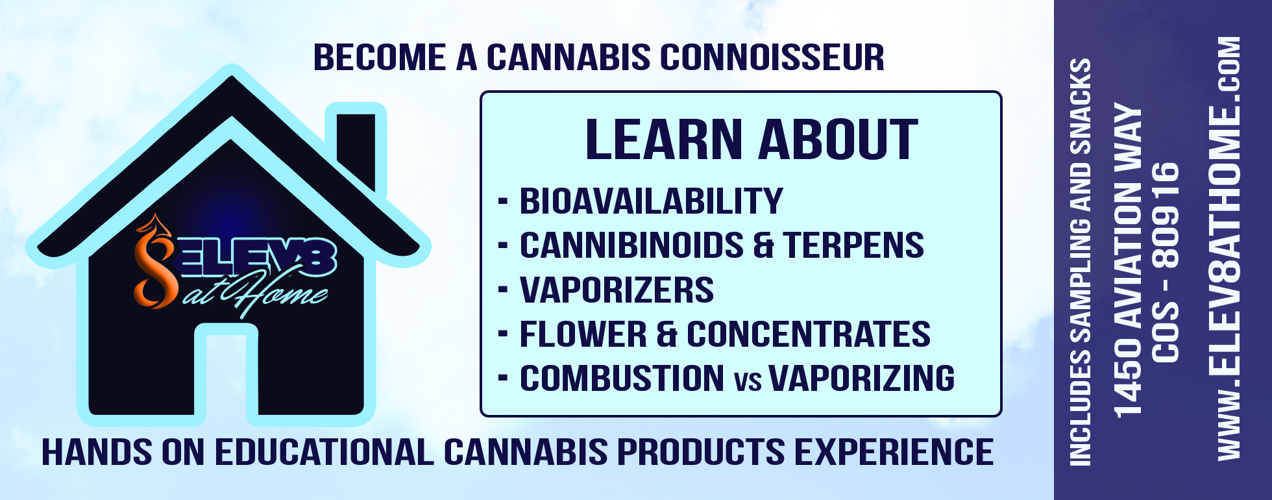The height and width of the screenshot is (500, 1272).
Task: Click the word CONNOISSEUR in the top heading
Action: pyautogui.click(x=772, y=57)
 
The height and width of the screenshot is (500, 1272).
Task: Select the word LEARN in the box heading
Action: pyautogui.click(x=664, y=140)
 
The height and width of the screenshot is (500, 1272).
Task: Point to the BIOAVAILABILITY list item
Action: pyautogui.click(x=651, y=201)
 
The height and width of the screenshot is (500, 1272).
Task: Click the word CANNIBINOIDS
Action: pyautogui.click(x=631, y=245)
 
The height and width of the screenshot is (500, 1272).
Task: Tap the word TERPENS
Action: pyautogui.click(x=853, y=245)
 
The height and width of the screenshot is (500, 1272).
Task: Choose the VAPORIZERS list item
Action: pyautogui.click(x=617, y=290)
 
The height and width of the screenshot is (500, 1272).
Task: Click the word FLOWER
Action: pyautogui.click(x=583, y=334)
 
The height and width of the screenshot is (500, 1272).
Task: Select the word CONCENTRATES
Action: pyautogui.click(x=809, y=334)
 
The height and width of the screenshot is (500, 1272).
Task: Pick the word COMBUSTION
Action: pyautogui.click(x=622, y=379)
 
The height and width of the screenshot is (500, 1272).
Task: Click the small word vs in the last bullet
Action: pyautogui.click(x=748, y=382)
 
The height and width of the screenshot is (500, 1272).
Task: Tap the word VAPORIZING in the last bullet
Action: pyautogui.click(x=862, y=379)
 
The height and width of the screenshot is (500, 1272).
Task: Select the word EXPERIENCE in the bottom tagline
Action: pyautogui.click(x=894, y=453)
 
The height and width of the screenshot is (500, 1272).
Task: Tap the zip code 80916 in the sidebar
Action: pyautogui.click(x=1166, y=215)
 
